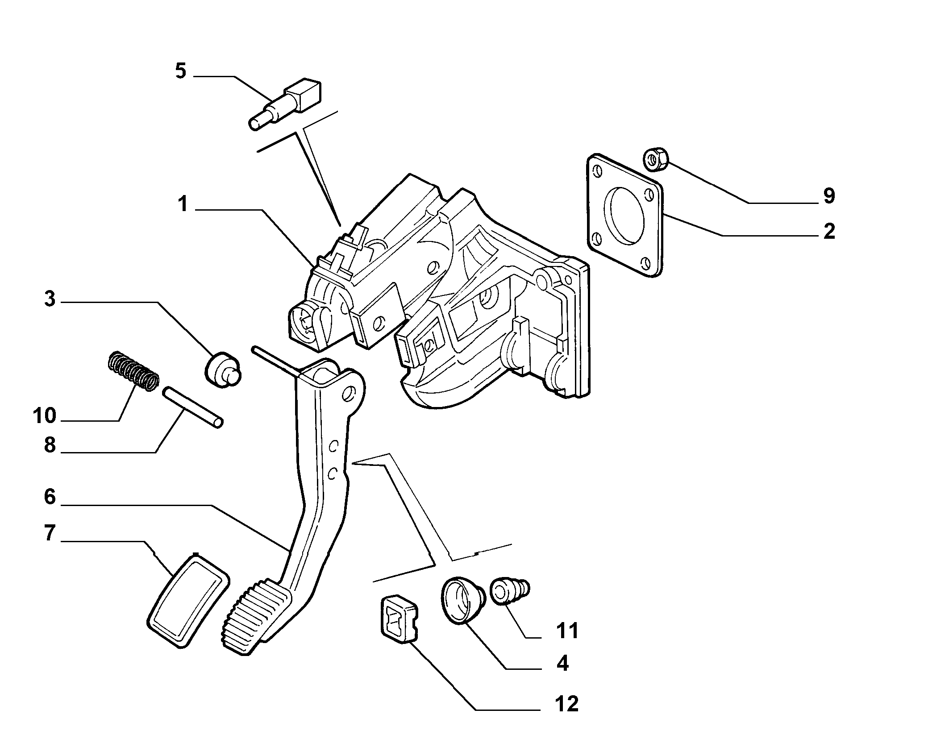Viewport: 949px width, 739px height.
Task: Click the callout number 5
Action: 180,71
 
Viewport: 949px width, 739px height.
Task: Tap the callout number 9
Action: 828,196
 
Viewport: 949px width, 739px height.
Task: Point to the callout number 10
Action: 45,416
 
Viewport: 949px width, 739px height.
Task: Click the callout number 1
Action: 183,204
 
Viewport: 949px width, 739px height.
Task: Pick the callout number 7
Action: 50,533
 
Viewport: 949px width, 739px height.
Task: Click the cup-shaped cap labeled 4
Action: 463,600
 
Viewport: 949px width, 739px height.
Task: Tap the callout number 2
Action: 829,232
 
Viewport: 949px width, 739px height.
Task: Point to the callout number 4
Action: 562,664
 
